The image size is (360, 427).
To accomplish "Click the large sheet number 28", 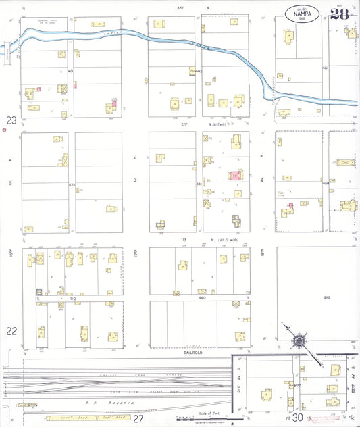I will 340,14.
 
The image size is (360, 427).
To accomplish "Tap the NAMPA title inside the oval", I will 303,13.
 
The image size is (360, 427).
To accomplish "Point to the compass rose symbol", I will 297,341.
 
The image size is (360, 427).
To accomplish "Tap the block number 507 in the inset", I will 296,386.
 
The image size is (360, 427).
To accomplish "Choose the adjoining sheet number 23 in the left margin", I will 11,120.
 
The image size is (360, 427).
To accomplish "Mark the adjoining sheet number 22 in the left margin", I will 11,331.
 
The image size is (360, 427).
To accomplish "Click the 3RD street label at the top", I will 180,7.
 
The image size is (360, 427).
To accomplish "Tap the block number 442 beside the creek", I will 198,70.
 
